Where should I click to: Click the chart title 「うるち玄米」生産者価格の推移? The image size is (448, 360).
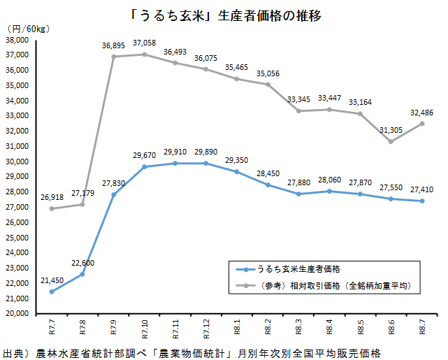226,15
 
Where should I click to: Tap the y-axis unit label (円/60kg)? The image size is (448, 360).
28,29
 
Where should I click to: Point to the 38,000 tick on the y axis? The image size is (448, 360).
17,40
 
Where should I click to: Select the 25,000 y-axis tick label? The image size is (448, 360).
17,238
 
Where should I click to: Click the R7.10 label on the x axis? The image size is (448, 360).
145,329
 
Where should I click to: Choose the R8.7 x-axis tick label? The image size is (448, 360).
422,327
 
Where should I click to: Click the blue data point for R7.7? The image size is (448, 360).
52,291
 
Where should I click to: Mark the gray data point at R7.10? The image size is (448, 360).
145,55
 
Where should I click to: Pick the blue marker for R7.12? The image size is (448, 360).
206,164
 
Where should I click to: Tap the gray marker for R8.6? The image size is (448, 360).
391,141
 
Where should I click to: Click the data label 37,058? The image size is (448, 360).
145,43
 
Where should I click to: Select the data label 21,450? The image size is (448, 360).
52,280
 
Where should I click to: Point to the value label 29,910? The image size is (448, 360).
175,152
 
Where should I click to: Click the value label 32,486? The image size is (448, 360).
422,113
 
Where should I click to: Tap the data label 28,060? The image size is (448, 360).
330,180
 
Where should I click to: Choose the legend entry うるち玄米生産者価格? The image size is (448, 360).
288,269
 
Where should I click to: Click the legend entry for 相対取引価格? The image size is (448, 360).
324,285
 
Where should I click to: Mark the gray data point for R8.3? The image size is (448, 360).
298,111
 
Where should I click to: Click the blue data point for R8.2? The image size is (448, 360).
268,185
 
